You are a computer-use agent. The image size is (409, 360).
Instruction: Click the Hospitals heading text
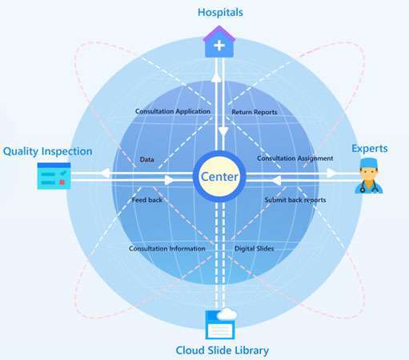pos(220,13)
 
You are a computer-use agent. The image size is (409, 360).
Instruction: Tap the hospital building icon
pos(219,42)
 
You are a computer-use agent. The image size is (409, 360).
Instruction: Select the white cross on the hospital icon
pos(219,46)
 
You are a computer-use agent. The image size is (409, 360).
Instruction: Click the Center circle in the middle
pos(219,176)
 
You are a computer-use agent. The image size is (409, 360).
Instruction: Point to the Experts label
pos(370,149)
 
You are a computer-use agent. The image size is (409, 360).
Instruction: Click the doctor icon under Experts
pos(369,175)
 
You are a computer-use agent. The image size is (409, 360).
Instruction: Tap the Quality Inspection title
pos(47,151)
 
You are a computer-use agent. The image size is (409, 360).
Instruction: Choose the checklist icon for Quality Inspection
pos(54,176)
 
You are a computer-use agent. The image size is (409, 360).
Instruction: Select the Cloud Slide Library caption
pos(223,350)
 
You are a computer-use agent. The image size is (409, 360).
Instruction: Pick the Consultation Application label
pos(173,111)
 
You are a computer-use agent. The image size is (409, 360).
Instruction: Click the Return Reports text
pos(255,112)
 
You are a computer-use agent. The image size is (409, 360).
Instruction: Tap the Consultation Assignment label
pos(295,158)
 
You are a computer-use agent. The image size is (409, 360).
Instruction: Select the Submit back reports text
pos(295,200)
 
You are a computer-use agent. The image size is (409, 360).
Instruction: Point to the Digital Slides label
pos(255,249)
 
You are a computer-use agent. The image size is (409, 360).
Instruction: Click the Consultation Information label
pos(167,249)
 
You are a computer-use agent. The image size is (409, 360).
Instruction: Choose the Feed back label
pos(147,200)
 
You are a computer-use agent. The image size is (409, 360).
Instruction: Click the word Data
pos(147,159)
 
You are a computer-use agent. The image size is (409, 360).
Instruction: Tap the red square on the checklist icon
pos(62,182)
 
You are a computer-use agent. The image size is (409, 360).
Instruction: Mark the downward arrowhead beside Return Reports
pos(223,131)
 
